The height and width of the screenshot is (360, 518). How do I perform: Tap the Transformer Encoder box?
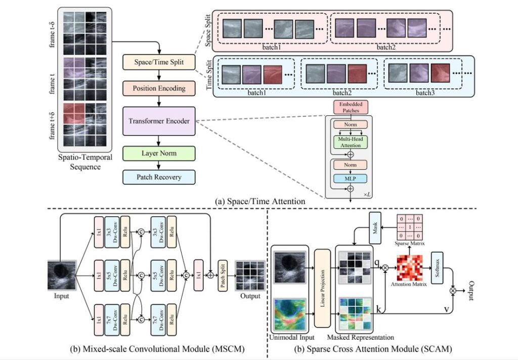158,121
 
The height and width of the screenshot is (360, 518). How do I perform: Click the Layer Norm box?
158,152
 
